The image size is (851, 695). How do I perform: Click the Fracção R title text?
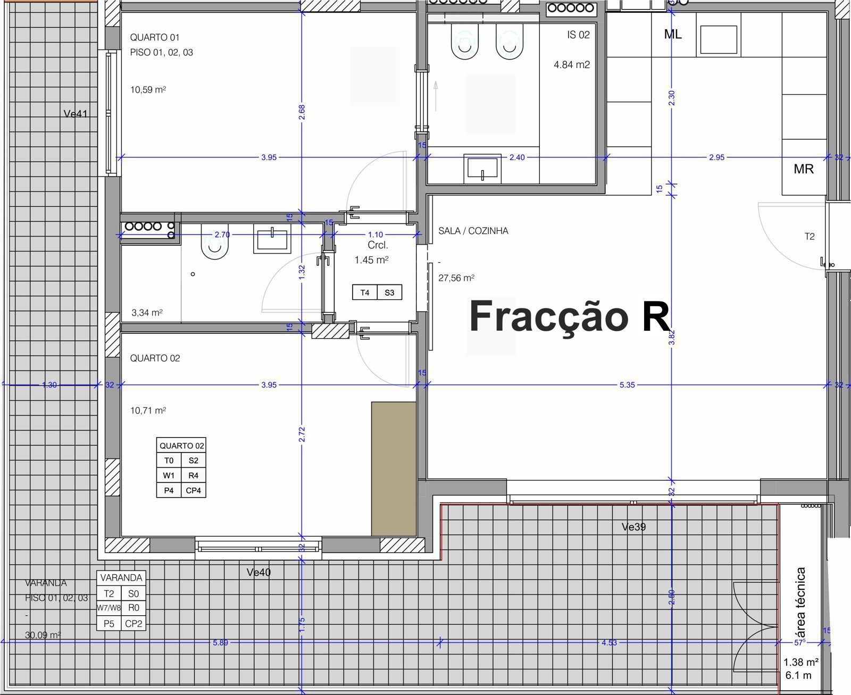click(x=569, y=317)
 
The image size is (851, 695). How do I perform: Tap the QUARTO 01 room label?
click(x=155, y=37)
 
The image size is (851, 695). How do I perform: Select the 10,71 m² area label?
click(x=148, y=411)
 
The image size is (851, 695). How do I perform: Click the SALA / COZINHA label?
click(x=473, y=231)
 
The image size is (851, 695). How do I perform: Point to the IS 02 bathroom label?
click(x=578, y=35)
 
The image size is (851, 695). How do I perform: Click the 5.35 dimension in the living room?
click(x=627, y=385)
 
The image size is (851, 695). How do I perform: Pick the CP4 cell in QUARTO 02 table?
click(x=193, y=490)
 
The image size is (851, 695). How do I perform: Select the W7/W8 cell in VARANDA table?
click(x=109, y=608)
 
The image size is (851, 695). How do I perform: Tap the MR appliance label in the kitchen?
click(x=803, y=169)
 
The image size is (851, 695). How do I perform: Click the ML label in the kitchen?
click(x=673, y=35)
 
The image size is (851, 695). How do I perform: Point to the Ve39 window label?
click(x=633, y=527)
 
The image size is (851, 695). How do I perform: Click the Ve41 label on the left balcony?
click(x=76, y=114)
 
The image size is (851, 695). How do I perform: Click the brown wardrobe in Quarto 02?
click(x=394, y=468)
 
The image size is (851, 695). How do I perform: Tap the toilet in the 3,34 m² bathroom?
click(x=214, y=245)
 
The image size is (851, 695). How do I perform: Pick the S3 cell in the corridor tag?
click(x=389, y=292)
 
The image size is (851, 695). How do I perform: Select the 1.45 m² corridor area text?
click(x=371, y=260)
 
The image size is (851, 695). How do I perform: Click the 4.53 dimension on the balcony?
click(x=609, y=642)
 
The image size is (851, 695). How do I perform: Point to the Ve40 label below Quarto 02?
click(x=258, y=572)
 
